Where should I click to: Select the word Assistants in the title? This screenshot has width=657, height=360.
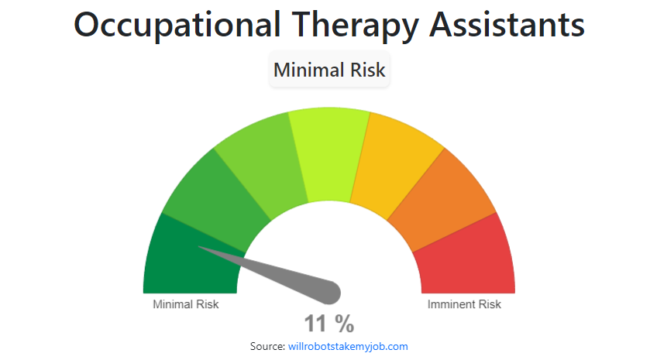tap(507, 26)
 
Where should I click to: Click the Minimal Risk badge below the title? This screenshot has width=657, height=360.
tap(329, 70)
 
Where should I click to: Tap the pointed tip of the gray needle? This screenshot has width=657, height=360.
tap(201, 248)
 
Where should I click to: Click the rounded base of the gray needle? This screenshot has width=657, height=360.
tap(331, 292)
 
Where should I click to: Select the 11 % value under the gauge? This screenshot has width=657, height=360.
tap(328, 323)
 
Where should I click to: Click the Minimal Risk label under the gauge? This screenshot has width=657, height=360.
tap(186, 304)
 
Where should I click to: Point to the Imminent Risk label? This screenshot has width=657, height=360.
tap(464, 304)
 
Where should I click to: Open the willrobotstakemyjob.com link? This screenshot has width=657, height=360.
tap(348, 346)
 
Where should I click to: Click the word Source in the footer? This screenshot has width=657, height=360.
tap(267, 346)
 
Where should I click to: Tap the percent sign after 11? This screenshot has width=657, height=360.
tap(345, 323)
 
